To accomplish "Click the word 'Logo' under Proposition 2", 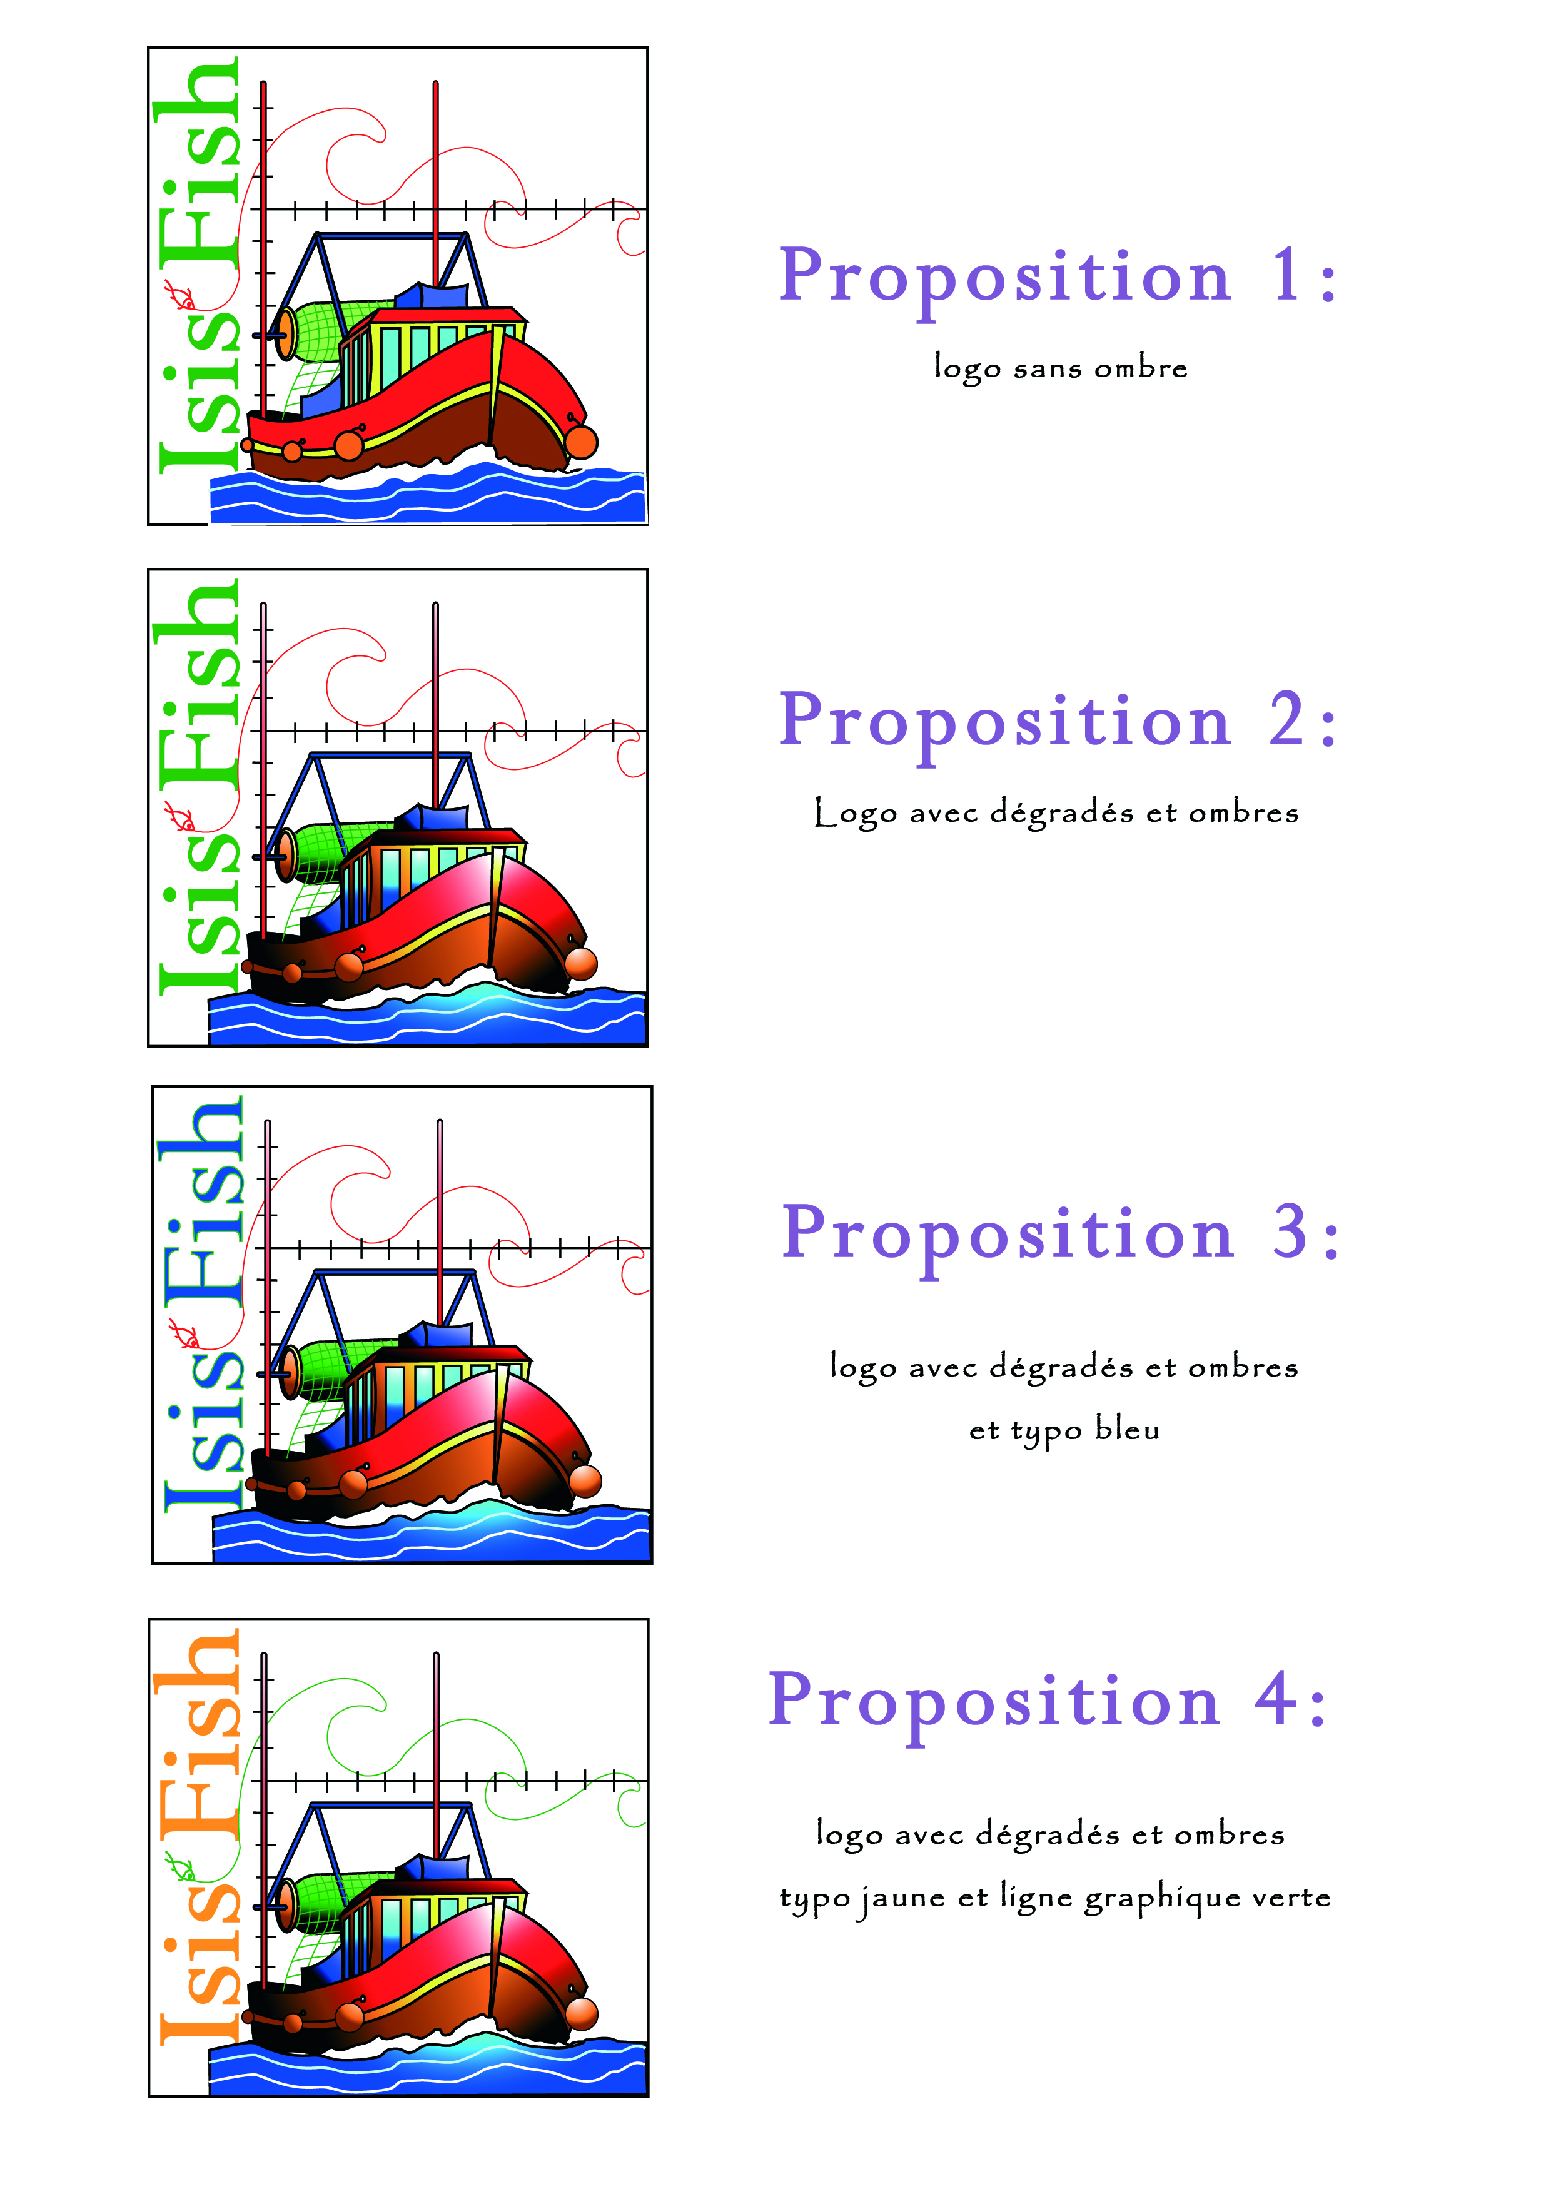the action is [856, 813].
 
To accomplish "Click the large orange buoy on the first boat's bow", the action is [581, 442].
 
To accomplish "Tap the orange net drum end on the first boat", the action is [286, 333].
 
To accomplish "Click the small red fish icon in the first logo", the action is [179, 297].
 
